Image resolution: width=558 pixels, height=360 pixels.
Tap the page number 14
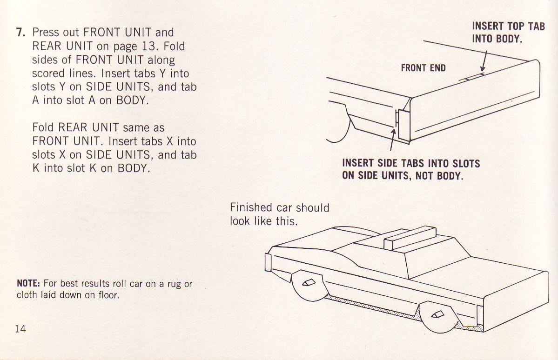[x=20, y=328]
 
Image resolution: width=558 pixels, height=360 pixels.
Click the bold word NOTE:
[x=29, y=284]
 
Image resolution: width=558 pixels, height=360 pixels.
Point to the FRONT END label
[x=423, y=68]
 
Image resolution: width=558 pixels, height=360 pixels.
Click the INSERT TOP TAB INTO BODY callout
[x=508, y=32]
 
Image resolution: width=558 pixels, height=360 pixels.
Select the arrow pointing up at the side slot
[x=393, y=140]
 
